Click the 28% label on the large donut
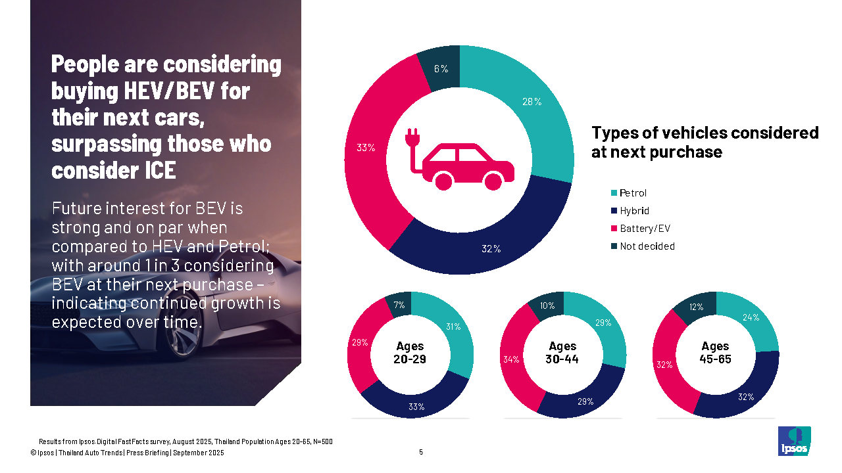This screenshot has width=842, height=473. tap(532, 102)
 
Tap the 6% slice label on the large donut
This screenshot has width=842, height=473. tap(441, 68)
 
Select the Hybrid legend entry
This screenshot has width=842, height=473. tap(634, 211)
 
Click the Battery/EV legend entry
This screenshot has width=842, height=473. tap(645, 229)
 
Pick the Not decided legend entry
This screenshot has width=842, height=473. tap(647, 246)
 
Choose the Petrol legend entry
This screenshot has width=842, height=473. tap(633, 193)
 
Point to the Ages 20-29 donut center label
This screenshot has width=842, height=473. tap(410, 353)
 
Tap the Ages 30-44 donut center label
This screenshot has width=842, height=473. tap(562, 353)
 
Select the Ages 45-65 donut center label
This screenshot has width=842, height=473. tap(715, 353)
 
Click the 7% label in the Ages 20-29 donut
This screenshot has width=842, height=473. tap(399, 305)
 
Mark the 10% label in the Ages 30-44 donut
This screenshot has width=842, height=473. tap(547, 305)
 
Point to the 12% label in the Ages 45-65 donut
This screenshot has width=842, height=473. tap(697, 307)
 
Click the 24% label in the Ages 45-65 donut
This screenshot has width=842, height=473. tap(751, 317)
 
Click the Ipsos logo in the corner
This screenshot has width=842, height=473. tap(794, 441)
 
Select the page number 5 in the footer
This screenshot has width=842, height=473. tap(421, 452)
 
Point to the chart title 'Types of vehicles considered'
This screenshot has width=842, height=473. tap(705, 133)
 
